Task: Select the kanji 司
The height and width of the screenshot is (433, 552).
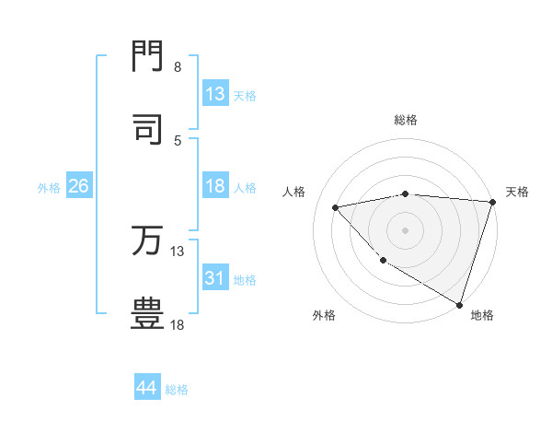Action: pyautogui.click(x=148, y=129)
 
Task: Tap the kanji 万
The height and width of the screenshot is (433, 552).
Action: pyautogui.click(x=148, y=240)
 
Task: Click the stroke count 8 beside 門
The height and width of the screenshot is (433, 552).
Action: pyautogui.click(x=178, y=67)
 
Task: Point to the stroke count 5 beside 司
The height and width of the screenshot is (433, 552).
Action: pyautogui.click(x=178, y=140)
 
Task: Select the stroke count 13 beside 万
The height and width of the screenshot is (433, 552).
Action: pyautogui.click(x=178, y=252)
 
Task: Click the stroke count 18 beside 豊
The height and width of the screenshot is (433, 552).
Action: pyautogui.click(x=178, y=325)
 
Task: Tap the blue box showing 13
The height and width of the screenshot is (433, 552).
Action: pyautogui.click(x=215, y=94)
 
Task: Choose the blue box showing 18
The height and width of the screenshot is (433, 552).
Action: pyautogui.click(x=215, y=186)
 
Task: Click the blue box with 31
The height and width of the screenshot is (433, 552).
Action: pyautogui.click(x=215, y=277)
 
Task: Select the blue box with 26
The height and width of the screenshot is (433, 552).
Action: pyautogui.click(x=78, y=186)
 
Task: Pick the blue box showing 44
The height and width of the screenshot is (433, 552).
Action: pyautogui.click(x=147, y=388)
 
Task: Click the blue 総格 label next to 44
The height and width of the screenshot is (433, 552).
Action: pyautogui.click(x=177, y=390)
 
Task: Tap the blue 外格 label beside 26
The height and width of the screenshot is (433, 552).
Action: pyautogui.click(x=49, y=188)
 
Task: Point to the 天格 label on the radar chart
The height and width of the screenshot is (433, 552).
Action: pyautogui.click(x=517, y=192)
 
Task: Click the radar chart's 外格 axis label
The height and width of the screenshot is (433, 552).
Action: pyautogui.click(x=324, y=315)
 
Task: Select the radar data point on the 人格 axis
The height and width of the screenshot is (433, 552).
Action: pyautogui.click(x=336, y=207)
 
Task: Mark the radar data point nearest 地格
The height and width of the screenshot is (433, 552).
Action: pyautogui.click(x=460, y=303)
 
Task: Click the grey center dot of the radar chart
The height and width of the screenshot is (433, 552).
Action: pyautogui.click(x=405, y=230)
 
